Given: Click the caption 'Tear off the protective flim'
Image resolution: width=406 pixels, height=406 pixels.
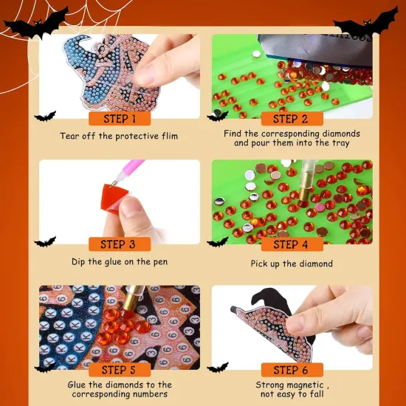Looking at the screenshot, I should tap(119, 136).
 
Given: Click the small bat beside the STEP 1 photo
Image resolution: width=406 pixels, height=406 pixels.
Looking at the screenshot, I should tap(45, 116).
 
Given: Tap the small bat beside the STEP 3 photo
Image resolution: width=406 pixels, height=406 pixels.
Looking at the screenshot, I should tap(45, 241).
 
